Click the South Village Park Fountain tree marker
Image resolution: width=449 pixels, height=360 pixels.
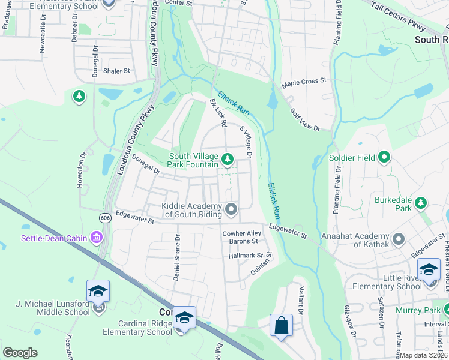pos(227,159)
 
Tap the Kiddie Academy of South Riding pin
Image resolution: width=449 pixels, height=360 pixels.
pos(231,209)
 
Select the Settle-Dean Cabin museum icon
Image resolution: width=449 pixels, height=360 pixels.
pos(96,238)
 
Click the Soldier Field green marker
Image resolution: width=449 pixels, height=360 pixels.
pos(385,158)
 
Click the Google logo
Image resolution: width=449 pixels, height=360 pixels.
pos(20,353)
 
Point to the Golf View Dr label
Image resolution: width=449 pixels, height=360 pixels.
pos(306,119)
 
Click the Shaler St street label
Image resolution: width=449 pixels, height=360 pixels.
pos(116,71)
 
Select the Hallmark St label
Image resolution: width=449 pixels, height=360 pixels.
pos(246,256)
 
